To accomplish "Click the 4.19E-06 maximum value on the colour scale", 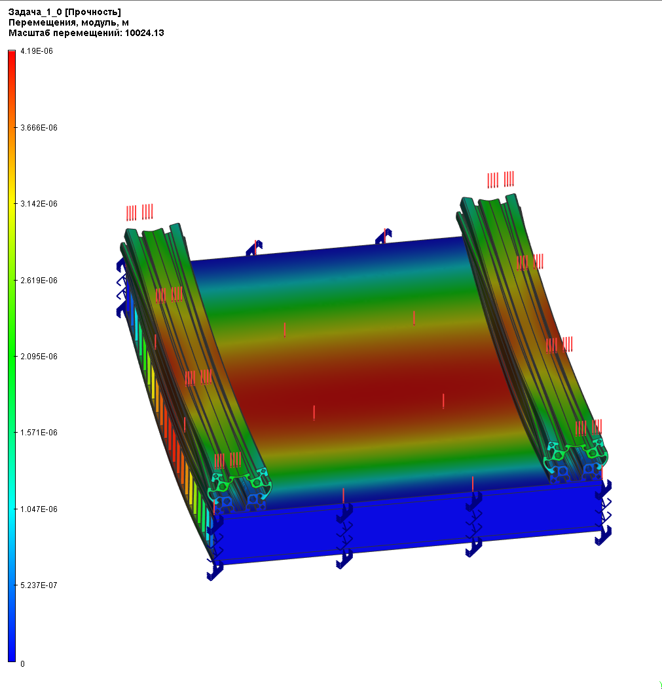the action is pyautogui.click(x=37, y=51).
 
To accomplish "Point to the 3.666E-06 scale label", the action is pyautogui.click(x=39, y=128).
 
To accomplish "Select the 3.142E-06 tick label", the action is pyautogui.click(x=39, y=204).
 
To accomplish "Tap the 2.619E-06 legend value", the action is pyautogui.click(x=39, y=281).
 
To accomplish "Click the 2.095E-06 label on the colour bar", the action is pyautogui.click(x=39, y=357).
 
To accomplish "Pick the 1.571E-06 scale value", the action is pyautogui.click(x=39, y=433).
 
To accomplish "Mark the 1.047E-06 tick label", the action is pyautogui.click(x=39, y=509).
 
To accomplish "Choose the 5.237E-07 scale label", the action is pyautogui.click(x=39, y=585).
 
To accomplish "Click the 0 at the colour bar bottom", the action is pyautogui.click(x=22, y=664).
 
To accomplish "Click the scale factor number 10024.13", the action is pyautogui.click(x=145, y=33).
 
